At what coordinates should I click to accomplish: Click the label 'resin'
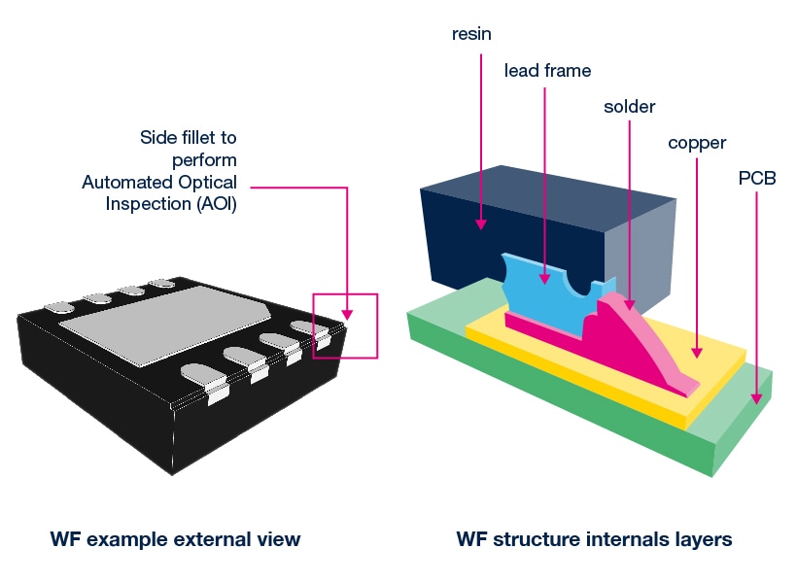[473, 34]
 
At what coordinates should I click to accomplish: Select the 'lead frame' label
[547, 71]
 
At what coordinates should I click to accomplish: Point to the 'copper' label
[697, 144]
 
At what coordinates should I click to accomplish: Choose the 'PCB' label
[756, 180]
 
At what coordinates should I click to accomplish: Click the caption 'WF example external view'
[176, 539]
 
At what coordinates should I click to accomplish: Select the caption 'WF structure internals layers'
[594, 539]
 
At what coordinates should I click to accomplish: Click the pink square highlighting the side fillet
[345, 326]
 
